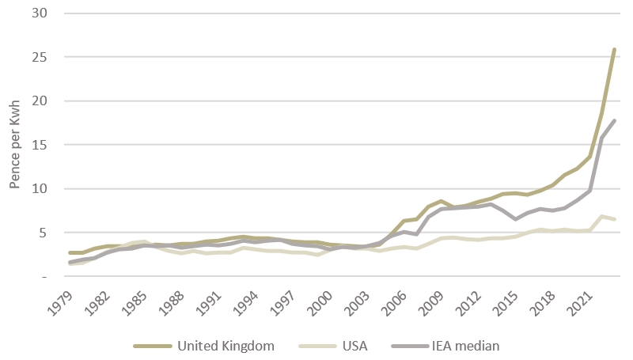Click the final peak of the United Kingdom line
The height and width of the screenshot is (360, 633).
point(614,50)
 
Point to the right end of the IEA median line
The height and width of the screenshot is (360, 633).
point(614,121)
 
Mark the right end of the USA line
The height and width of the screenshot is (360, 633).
point(614,219)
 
